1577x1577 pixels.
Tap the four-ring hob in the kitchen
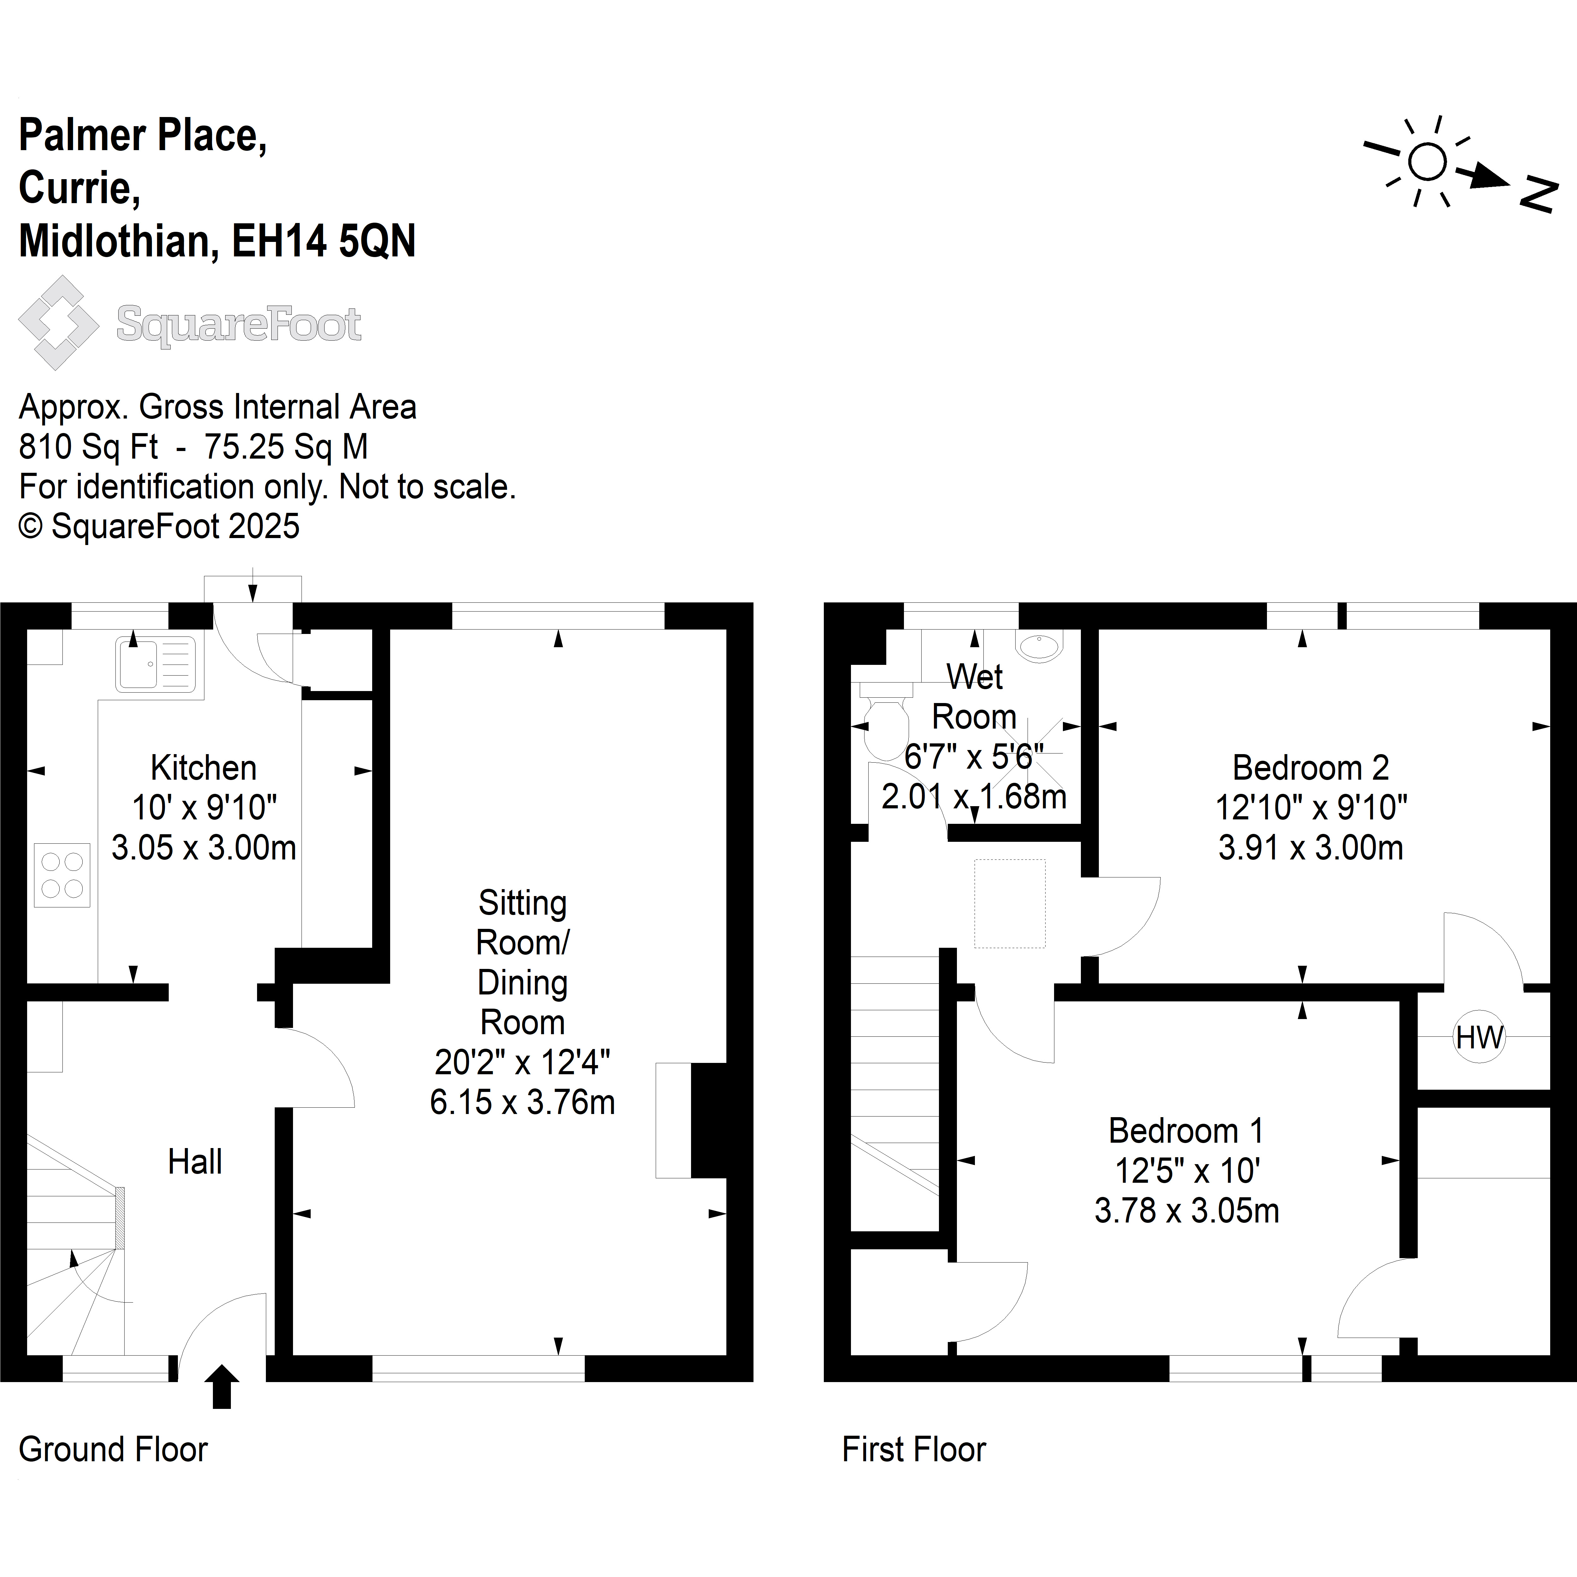coord(62,875)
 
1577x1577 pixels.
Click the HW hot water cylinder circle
coord(1479,1037)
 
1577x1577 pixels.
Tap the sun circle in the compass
coord(1427,161)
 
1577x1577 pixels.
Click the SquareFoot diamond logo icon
coord(59,323)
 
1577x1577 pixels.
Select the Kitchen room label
coord(203,768)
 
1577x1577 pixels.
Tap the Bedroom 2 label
coord(1310,768)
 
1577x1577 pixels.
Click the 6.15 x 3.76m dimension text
coord(522,1102)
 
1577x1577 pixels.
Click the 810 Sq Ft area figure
coord(88,447)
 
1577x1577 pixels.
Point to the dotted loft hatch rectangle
coord(1010,904)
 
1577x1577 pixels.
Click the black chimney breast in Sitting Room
coord(708,1120)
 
